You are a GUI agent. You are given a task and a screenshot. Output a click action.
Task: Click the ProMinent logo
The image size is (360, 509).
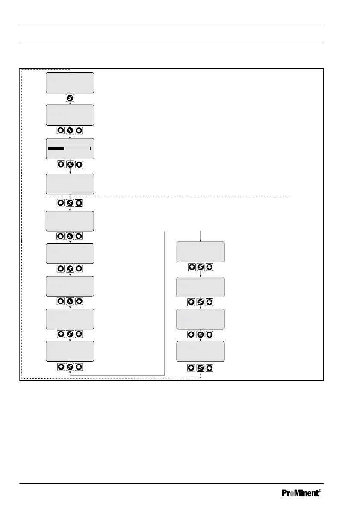pyautogui.click(x=301, y=493)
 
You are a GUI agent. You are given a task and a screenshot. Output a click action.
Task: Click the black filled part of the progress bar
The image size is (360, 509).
pyautogui.click(x=56, y=148)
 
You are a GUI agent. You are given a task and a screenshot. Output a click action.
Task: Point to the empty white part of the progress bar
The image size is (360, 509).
pyautogui.click(x=77, y=148)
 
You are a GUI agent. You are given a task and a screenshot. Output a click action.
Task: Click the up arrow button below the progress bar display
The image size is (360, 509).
pyautogui.click(x=61, y=165)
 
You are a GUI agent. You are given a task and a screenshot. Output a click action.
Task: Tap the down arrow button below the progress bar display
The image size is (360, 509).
pyautogui.click(x=79, y=165)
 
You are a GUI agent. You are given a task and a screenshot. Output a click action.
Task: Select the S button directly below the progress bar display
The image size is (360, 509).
pyautogui.click(x=70, y=165)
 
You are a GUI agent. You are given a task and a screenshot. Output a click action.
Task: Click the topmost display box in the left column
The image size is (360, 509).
pyautogui.click(x=70, y=82)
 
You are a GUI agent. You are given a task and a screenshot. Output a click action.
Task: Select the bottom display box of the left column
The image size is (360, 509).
pyautogui.click(x=70, y=351)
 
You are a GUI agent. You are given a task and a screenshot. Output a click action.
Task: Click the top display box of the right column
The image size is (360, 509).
pyautogui.click(x=201, y=252)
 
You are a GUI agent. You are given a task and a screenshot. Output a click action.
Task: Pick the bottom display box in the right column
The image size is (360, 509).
pyautogui.click(x=201, y=351)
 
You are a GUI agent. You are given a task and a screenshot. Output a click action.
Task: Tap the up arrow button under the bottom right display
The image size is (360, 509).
pyautogui.click(x=192, y=368)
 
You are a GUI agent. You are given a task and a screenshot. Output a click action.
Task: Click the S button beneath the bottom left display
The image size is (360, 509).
pyautogui.click(x=70, y=367)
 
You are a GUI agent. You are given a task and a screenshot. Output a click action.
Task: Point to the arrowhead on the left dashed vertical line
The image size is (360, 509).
pyautogui.click(x=21, y=241)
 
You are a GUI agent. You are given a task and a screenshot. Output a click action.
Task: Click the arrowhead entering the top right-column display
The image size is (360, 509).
pyautogui.click(x=201, y=240)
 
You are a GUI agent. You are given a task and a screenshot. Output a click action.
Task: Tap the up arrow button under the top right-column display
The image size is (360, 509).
pyautogui.click(x=192, y=267)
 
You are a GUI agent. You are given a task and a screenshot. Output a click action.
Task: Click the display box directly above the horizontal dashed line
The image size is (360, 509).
pyautogui.click(x=70, y=184)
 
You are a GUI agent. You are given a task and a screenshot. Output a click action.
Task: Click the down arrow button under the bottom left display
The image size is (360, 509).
pyautogui.click(x=79, y=367)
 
